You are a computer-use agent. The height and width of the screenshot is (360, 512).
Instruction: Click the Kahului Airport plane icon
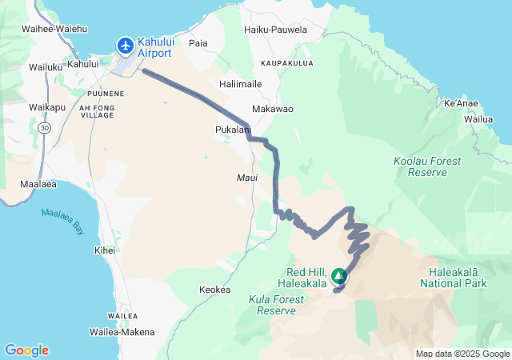126,46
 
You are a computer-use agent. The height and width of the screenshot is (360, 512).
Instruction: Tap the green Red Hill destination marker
339,277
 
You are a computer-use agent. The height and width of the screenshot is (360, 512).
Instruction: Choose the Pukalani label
233,129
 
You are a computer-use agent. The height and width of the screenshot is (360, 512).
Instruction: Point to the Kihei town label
105,250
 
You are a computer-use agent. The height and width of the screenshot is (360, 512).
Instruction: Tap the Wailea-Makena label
121,331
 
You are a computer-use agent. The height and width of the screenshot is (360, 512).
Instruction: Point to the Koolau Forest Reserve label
427,166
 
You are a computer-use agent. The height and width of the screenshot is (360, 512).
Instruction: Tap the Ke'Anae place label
460,104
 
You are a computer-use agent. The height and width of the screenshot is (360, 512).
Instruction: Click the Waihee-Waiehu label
55,28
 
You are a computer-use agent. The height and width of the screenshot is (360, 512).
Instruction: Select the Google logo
26,350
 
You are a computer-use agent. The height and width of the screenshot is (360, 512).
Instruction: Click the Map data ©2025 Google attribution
462,354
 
